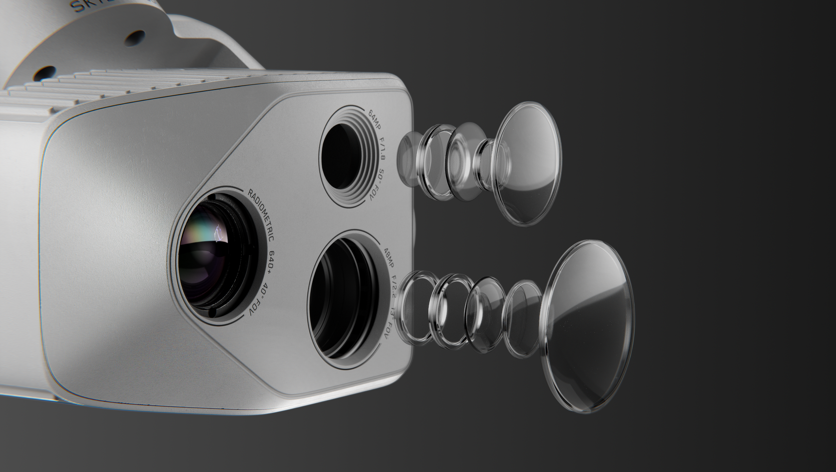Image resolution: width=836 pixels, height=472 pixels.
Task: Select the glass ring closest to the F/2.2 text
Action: pos(414,306)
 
